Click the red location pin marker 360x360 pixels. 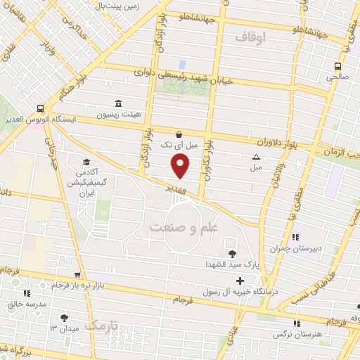pos(181,166)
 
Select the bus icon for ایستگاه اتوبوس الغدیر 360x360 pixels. pos(40,109)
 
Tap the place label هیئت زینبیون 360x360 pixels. pos(137,115)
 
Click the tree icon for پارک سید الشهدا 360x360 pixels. pos(231,254)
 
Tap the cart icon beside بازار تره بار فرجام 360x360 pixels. pos(77,275)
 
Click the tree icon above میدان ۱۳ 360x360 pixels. pos(65,318)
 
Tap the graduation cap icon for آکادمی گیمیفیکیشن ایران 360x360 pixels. pos(86,162)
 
